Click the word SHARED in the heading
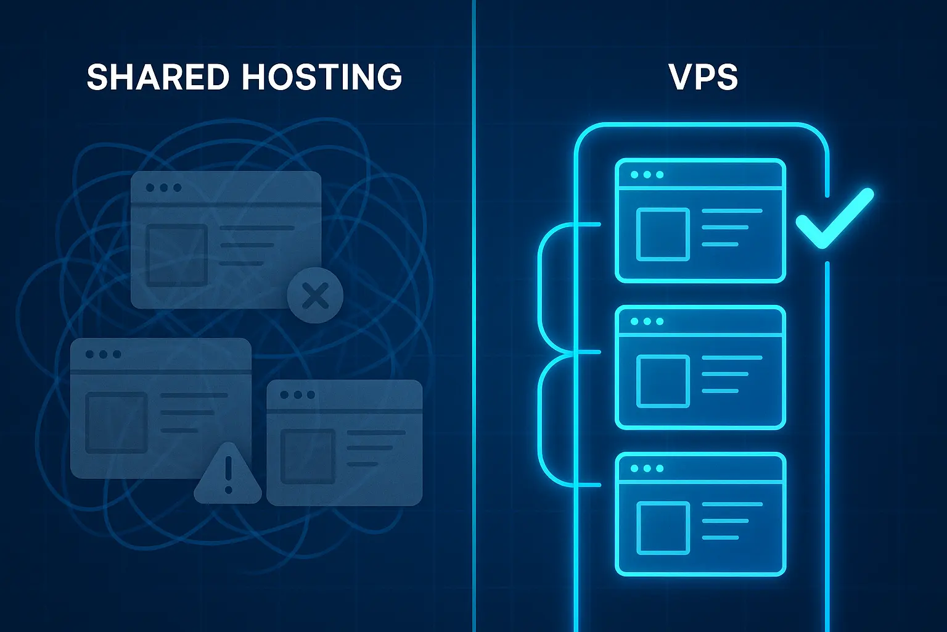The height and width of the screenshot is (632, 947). [158, 77]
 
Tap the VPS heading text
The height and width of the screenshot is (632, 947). [703, 77]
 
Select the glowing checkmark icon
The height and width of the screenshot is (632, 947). [834, 218]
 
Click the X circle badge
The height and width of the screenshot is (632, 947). [316, 296]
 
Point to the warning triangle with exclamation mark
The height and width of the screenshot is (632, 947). [228, 475]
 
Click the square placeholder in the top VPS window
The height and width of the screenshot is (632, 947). [663, 235]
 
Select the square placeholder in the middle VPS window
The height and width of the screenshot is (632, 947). [663, 381]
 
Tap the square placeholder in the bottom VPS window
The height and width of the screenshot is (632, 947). [663, 528]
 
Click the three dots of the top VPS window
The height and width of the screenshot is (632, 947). [647, 175]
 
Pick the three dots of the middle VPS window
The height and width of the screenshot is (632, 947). [647, 322]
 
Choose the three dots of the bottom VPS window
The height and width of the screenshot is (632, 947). [647, 468]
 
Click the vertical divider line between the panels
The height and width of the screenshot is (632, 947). [474, 316]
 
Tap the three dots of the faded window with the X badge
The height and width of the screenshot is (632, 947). [163, 188]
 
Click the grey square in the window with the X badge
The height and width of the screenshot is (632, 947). [177, 255]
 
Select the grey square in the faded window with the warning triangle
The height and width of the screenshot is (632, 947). [117, 422]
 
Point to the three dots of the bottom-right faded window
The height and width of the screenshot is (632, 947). [298, 395]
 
